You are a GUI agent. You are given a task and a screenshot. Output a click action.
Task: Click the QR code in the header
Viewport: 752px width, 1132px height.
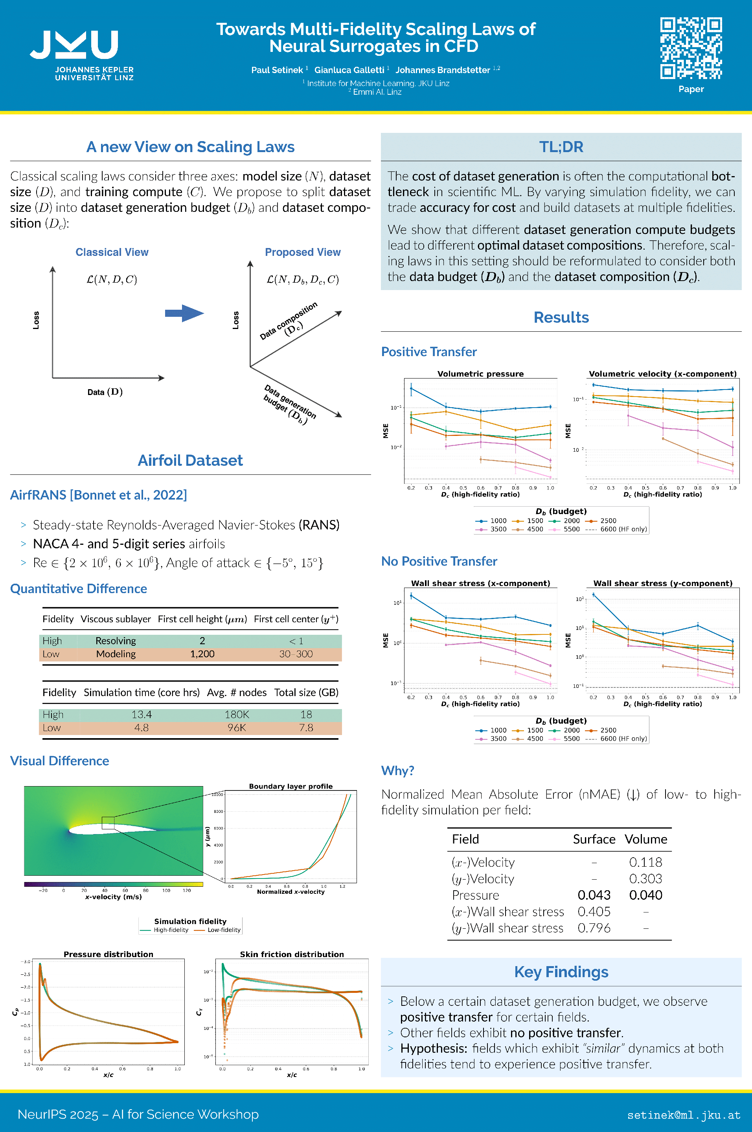coord(691,48)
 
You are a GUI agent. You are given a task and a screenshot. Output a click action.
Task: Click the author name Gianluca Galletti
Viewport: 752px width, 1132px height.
coord(349,70)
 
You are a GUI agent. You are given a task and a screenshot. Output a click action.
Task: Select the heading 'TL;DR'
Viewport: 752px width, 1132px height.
coord(561,147)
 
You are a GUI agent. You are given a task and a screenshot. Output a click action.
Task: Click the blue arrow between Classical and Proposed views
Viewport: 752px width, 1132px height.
coord(184,313)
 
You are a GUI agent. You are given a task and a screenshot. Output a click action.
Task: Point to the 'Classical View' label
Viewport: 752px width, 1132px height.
coord(112,252)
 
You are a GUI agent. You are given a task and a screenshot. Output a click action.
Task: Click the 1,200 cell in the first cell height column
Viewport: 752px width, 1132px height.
coord(202,654)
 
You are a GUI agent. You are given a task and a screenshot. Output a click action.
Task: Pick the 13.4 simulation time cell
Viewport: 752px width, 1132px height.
coord(142,715)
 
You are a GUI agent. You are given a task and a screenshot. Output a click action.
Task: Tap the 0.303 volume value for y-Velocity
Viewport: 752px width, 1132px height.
coord(645,878)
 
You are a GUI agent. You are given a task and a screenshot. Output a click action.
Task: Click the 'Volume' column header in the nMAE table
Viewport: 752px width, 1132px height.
coord(645,839)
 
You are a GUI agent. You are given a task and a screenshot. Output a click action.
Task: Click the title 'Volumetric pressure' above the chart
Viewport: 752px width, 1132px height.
coord(480,373)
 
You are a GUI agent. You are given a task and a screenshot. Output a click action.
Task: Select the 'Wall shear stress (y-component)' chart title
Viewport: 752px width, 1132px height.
coord(662,583)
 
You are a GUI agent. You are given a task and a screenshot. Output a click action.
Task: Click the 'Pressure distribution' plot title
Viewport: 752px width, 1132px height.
coord(108,954)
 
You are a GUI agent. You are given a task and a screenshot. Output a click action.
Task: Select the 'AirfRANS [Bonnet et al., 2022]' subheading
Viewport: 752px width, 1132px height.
coord(98,495)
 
